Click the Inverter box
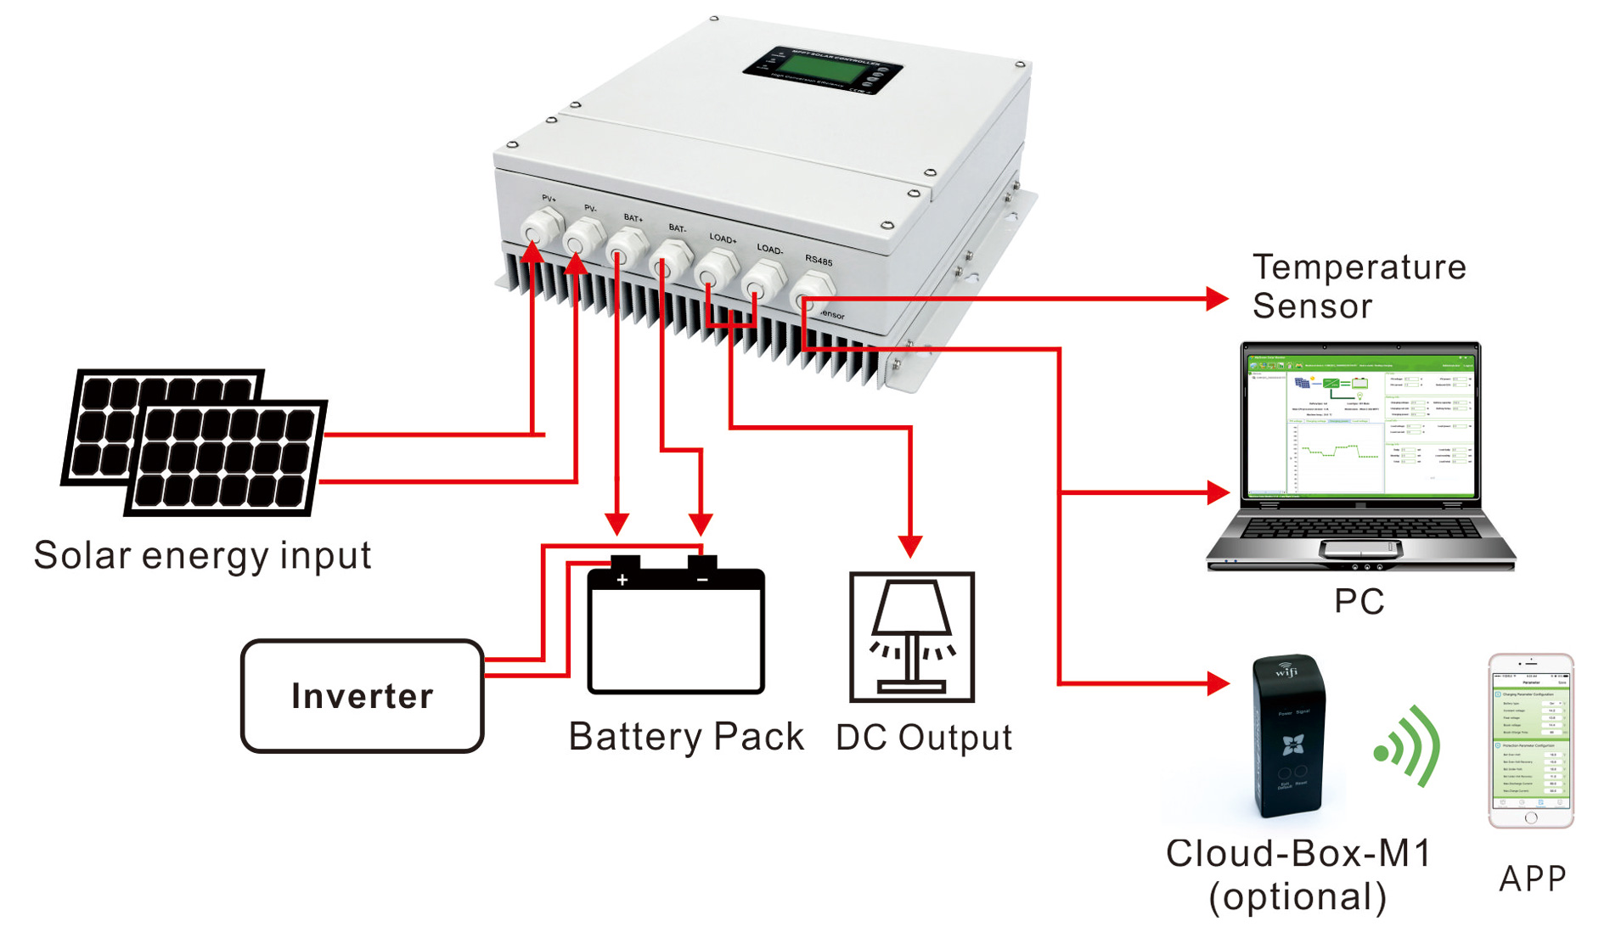363,696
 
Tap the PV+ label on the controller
549,199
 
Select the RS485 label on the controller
819,260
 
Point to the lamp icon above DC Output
911,637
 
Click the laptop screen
1360,424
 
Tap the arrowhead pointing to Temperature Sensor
1217,299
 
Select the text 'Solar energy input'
202,556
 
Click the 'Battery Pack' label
686,737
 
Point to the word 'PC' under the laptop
1359,602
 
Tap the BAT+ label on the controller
633,218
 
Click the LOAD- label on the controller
769,249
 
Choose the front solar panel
226,458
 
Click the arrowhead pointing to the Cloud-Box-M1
1217,683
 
